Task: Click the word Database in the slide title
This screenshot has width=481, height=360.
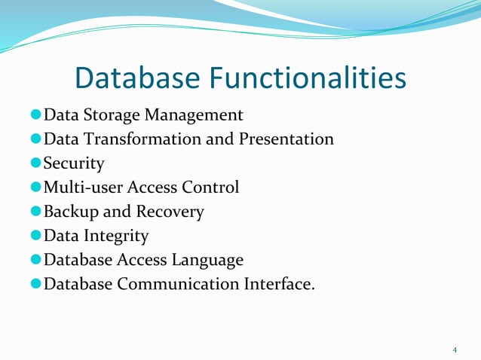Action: [137, 79]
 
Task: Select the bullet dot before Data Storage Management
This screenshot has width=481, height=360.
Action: [35, 116]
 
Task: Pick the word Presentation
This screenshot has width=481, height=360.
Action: [286, 139]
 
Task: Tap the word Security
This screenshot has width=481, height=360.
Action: [74, 163]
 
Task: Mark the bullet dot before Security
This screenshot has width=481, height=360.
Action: [35, 164]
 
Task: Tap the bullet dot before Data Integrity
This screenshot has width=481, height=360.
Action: [35, 236]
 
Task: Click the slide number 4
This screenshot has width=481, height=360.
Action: [455, 349]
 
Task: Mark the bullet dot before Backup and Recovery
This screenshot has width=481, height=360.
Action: [35, 212]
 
